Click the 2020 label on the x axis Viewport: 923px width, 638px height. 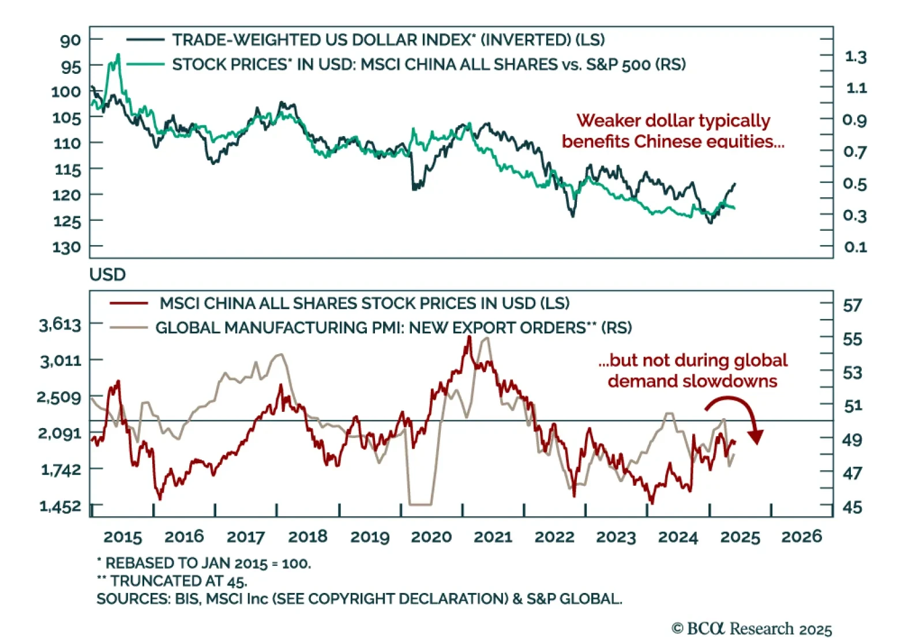point(431,537)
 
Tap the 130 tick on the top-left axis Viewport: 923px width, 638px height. point(67,247)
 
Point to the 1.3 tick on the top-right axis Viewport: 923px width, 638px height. point(855,57)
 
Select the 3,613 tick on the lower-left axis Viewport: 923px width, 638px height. point(61,325)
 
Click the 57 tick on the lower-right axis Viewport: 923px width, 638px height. point(853,305)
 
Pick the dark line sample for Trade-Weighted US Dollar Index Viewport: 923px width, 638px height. point(145,40)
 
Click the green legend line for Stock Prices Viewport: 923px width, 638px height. point(145,64)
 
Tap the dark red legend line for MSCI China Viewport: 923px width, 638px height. point(129,303)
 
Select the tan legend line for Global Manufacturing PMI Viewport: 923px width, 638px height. point(129,328)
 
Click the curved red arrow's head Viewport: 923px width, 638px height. point(755,437)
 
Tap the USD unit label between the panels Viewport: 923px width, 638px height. point(107,275)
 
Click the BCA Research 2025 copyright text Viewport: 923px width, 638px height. point(752,629)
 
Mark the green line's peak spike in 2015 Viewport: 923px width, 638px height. point(118,55)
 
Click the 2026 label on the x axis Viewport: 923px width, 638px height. point(801,537)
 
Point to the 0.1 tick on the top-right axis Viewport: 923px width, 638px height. point(855,247)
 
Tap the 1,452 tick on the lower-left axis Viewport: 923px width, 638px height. point(61,506)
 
